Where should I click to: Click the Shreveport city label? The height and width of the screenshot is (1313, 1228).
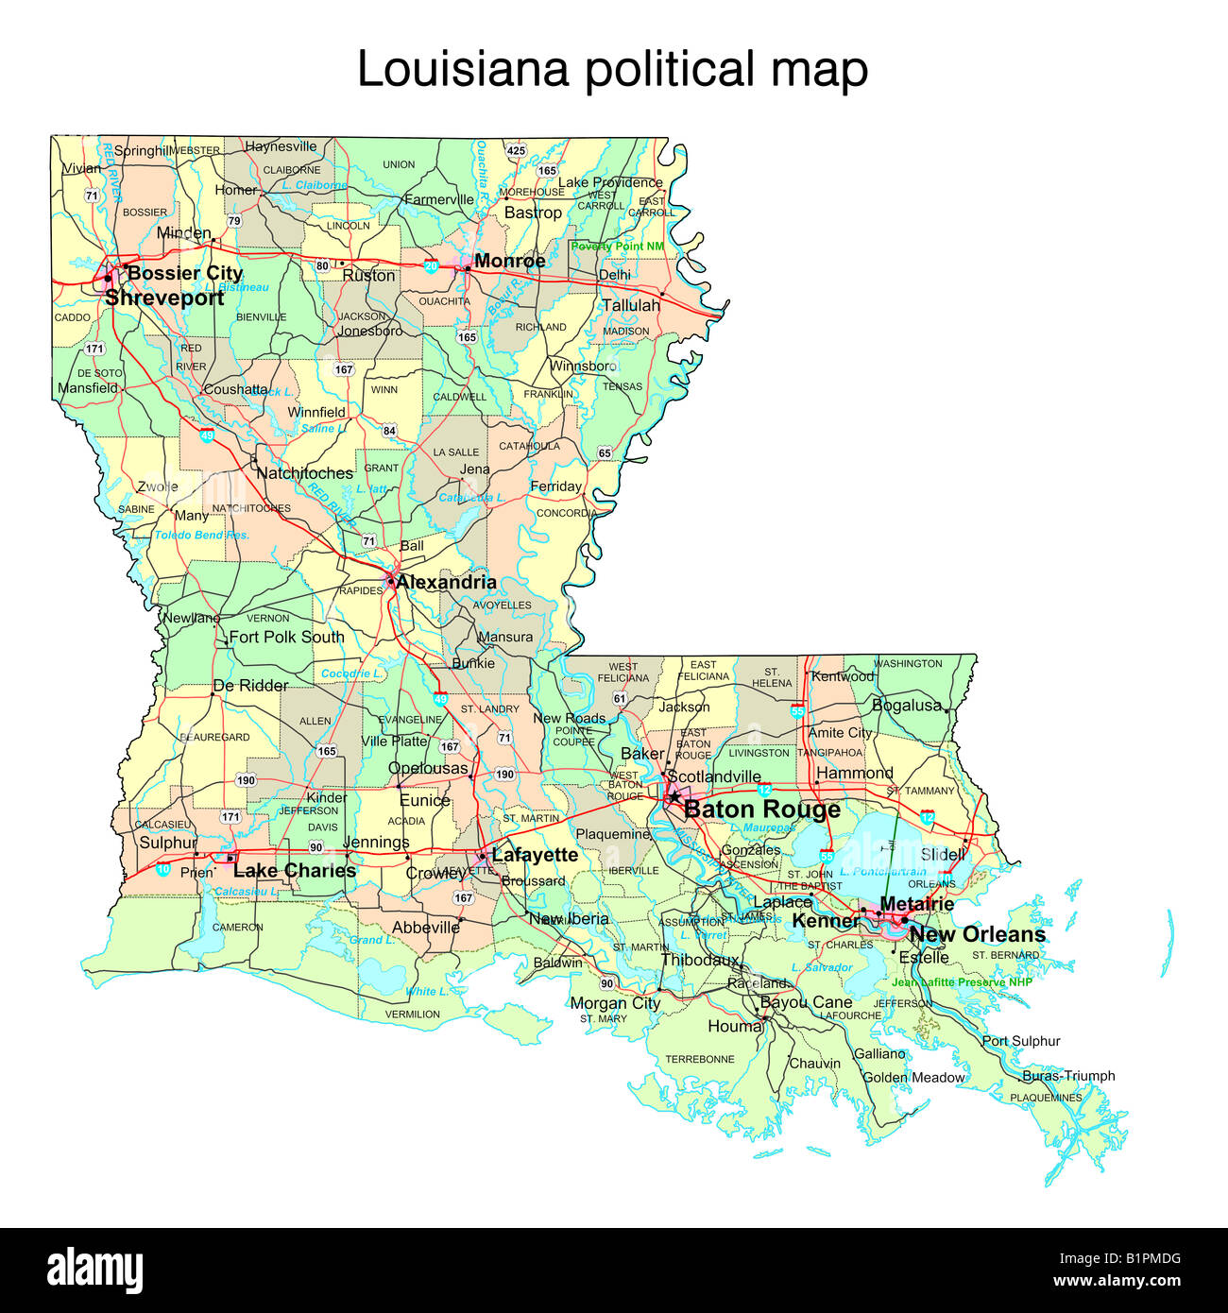[164, 298]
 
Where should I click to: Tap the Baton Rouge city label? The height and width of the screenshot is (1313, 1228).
[761, 810]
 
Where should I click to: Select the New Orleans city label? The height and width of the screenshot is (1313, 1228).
[977, 934]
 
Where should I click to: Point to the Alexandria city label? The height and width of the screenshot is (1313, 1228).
[446, 582]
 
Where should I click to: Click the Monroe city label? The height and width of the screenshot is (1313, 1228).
[509, 261]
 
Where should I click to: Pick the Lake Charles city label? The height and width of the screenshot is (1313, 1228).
[294, 870]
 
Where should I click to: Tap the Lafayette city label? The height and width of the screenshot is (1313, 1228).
[535, 855]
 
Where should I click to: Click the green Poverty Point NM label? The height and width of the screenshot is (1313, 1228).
[617, 246]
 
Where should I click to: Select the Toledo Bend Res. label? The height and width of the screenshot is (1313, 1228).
[201, 535]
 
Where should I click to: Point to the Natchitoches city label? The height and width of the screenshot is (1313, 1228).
[304, 473]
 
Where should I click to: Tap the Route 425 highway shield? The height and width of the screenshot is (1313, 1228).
[516, 151]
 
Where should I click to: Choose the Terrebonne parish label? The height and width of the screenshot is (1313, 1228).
[699, 1059]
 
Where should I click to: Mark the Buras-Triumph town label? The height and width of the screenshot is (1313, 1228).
[1068, 1076]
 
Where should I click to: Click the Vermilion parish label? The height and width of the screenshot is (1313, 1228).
[412, 1014]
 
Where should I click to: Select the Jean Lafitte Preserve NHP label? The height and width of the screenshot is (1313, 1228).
[962, 981]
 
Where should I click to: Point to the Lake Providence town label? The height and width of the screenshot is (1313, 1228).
[610, 182]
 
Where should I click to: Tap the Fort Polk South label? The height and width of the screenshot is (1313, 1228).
[286, 637]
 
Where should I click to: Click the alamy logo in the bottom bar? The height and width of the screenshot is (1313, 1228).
[94, 1269]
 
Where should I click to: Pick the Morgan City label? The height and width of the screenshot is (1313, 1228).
[615, 1002]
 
